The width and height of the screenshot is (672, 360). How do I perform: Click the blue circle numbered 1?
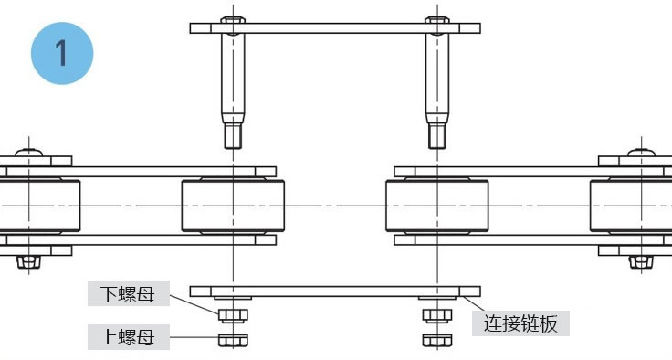tap(61, 52)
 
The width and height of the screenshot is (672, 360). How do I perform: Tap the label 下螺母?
tap(127, 294)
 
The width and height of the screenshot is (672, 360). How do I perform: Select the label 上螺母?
tap(127, 337)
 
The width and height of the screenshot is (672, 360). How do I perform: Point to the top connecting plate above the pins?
tap(334, 28)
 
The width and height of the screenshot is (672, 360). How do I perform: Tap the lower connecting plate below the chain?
tap(334, 291)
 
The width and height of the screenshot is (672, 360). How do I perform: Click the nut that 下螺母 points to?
tap(234, 315)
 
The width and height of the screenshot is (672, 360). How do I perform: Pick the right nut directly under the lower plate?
tap(436, 315)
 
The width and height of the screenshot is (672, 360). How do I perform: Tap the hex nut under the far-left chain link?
tap(27, 262)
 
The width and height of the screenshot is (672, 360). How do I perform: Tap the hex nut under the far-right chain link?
tap(642, 262)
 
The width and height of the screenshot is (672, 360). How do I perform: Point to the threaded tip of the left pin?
tap(234, 136)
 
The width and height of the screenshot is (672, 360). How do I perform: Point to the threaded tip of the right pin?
tap(437, 136)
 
